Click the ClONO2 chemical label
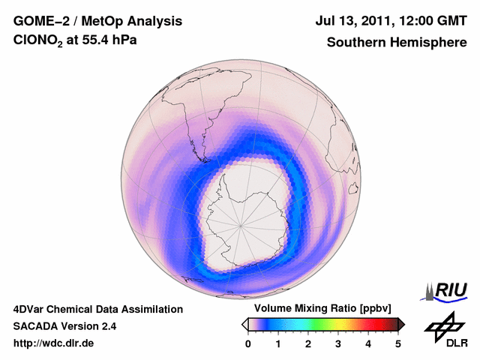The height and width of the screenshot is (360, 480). click(38, 43)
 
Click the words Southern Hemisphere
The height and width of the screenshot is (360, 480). click(397, 43)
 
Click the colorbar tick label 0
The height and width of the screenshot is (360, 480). click(248, 343)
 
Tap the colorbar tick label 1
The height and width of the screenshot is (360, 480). click(278, 343)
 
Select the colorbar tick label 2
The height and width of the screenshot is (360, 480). click(308, 343)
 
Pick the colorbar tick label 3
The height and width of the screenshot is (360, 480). click(338, 343)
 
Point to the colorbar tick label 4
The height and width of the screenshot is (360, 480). click(368, 343)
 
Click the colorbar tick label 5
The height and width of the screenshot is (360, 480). click(398, 343)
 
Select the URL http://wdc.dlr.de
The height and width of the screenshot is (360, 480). click(54, 343)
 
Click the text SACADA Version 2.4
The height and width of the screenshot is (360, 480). click(64, 326)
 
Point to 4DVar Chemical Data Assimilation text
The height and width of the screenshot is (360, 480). click(97, 309)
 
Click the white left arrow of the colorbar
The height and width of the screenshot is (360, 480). click(245, 324)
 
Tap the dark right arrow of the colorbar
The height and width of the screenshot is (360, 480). click(401, 324)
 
